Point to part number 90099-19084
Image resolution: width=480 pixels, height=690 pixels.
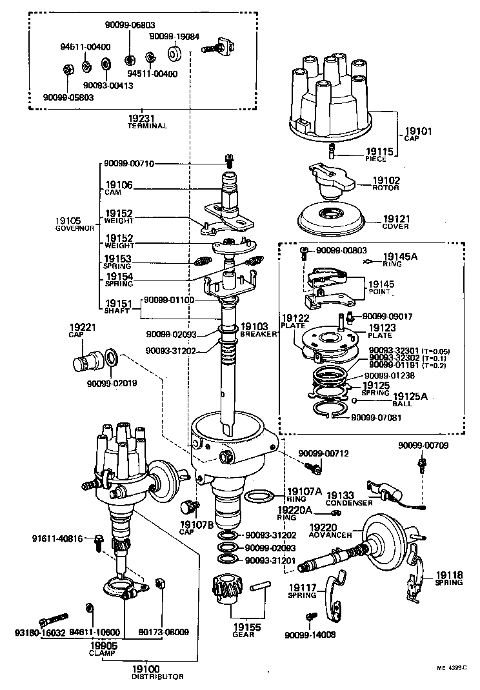tap(174, 37)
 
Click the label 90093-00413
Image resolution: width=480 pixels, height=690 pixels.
tap(108, 85)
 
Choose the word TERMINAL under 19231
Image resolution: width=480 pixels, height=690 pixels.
tap(147, 126)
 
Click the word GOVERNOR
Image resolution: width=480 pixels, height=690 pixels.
tap(75, 228)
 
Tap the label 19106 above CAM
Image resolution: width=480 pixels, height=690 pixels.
tap(119, 185)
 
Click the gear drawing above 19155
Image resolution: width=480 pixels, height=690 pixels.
tap(226, 591)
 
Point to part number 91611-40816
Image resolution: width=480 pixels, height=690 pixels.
tap(59, 538)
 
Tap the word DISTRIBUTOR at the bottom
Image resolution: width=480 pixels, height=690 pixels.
tap(158, 677)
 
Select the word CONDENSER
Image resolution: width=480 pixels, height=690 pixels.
tap(349, 502)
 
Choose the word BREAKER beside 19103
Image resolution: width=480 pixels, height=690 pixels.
tap(259, 335)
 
